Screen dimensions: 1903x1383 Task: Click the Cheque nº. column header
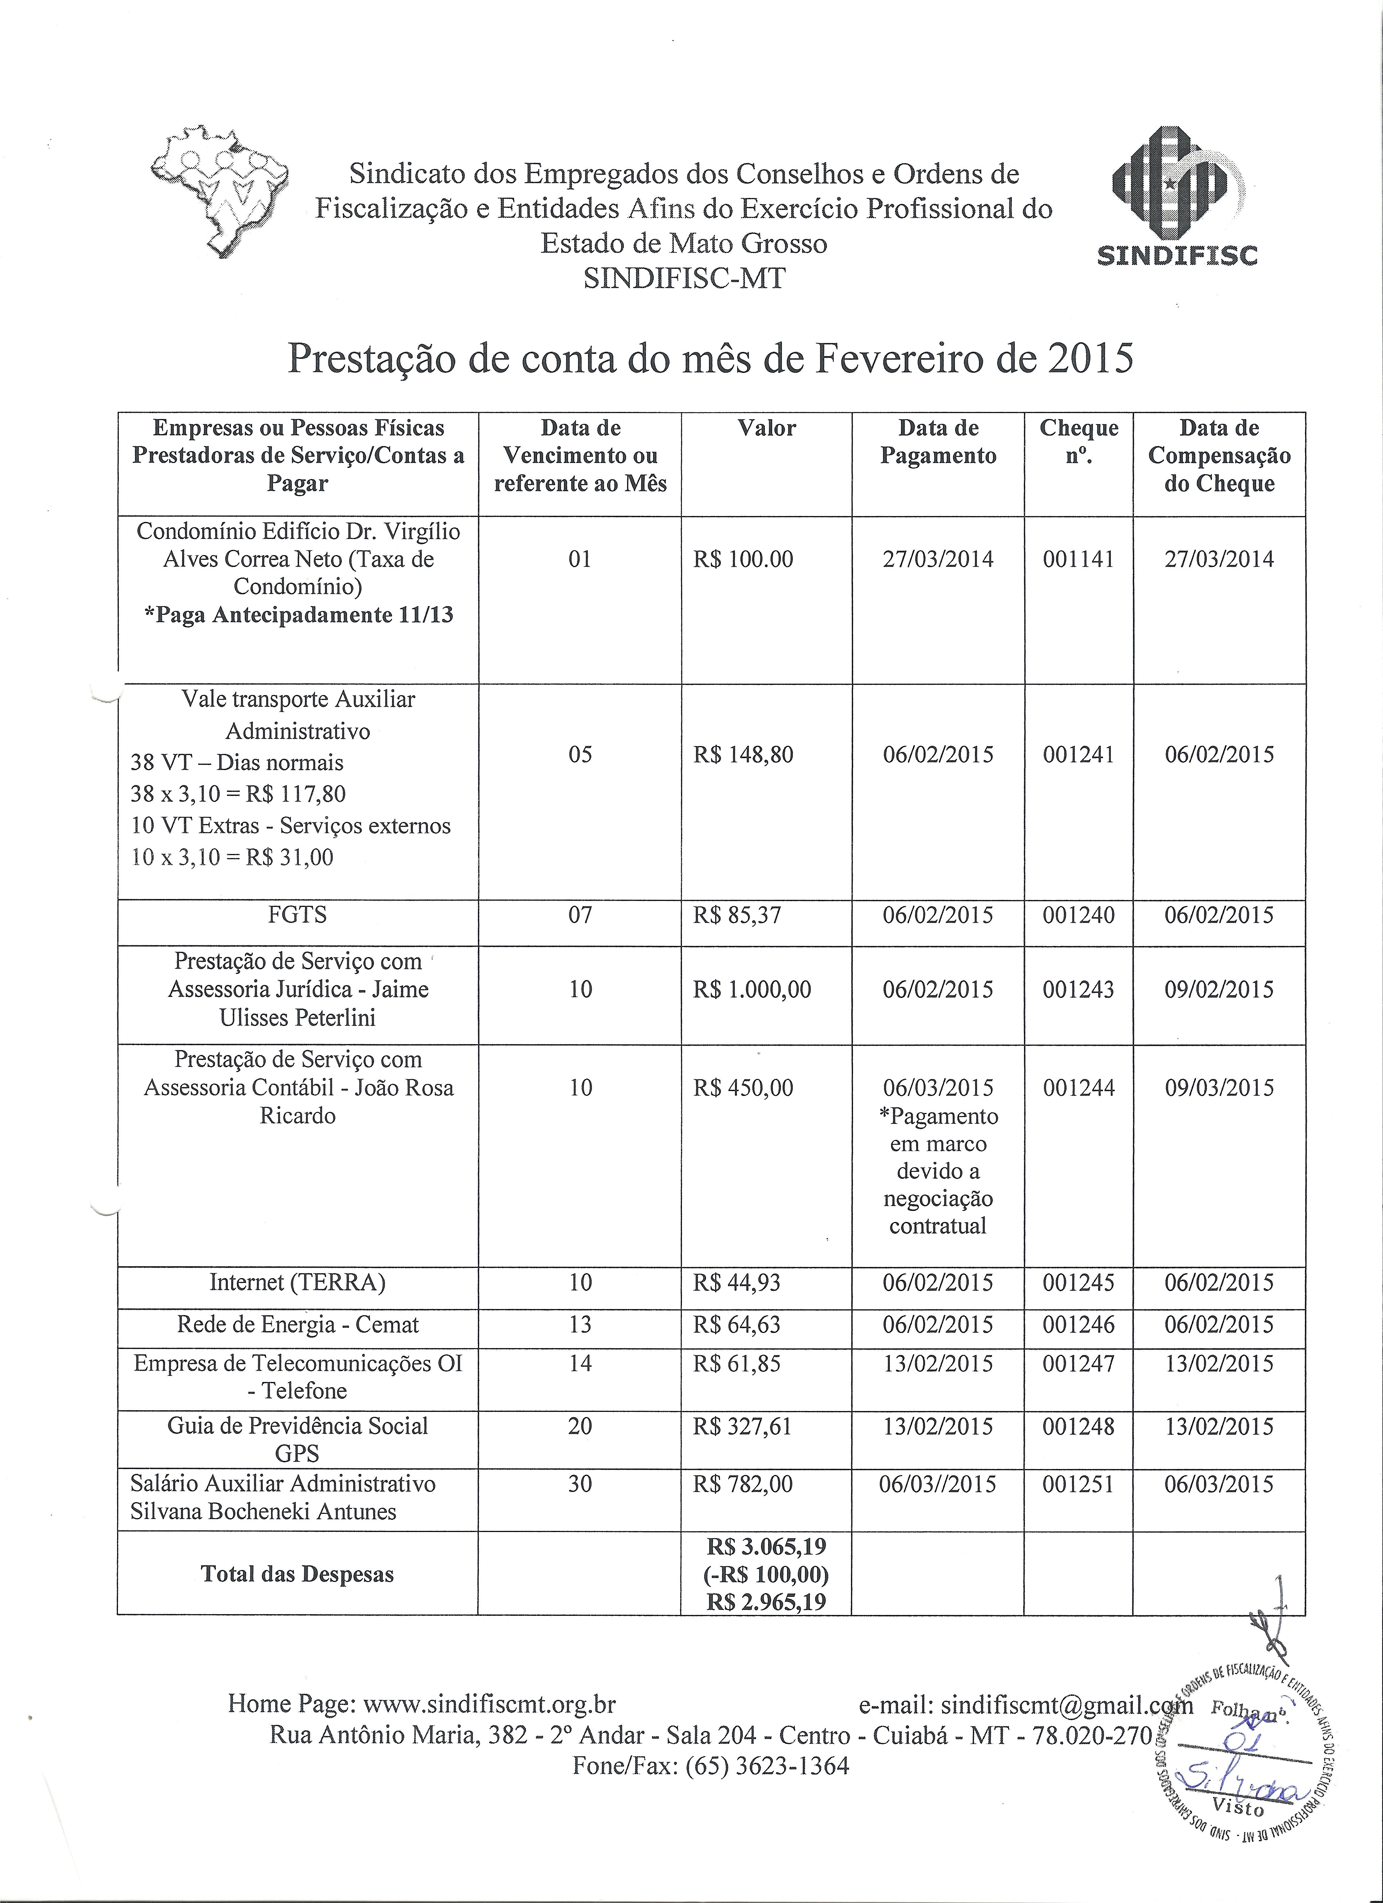coord(1079,442)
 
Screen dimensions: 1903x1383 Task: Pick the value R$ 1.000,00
coord(752,990)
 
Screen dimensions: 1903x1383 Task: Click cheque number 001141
coord(1079,560)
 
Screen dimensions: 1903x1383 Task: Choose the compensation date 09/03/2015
coord(1219,1088)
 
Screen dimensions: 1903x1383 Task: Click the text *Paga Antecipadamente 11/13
coord(299,616)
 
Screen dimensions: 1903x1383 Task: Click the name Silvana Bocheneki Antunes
coord(263,1512)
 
